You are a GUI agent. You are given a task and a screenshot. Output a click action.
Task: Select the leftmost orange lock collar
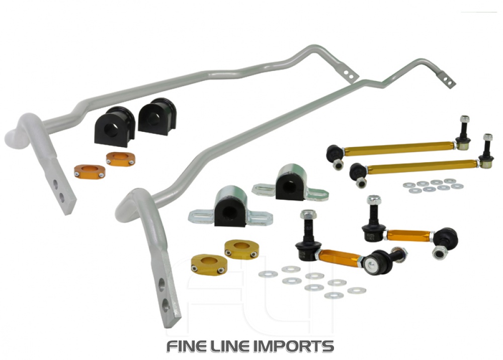[x=89, y=171]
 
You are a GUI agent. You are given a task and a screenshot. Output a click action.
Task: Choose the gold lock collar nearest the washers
[x=241, y=249]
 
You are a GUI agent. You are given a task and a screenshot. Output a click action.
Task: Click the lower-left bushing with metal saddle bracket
[x=229, y=209]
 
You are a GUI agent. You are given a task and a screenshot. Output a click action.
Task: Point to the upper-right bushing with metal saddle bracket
[x=290, y=184]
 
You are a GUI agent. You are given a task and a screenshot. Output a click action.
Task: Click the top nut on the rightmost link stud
[x=487, y=137]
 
